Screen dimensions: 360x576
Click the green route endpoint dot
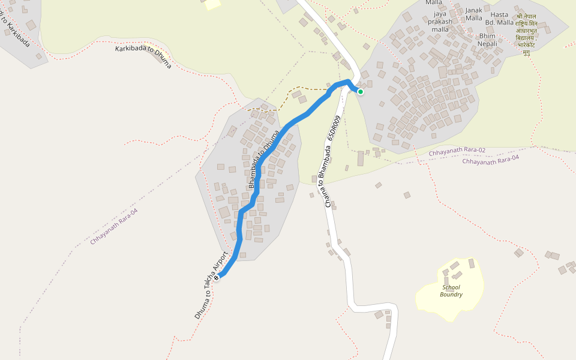(361, 92)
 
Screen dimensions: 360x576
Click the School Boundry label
(451, 291)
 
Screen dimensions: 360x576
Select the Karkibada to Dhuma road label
(143, 56)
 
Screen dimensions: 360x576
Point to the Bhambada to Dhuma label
(263, 158)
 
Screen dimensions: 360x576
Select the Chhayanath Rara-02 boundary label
(457, 152)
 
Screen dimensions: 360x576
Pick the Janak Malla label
(474, 14)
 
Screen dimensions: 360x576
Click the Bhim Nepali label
(487, 40)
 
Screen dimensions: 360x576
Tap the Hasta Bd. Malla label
(499, 18)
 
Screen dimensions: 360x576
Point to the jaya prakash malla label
(440, 22)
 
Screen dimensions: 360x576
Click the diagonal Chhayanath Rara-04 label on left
(114, 226)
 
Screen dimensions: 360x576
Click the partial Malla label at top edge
(434, 2)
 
